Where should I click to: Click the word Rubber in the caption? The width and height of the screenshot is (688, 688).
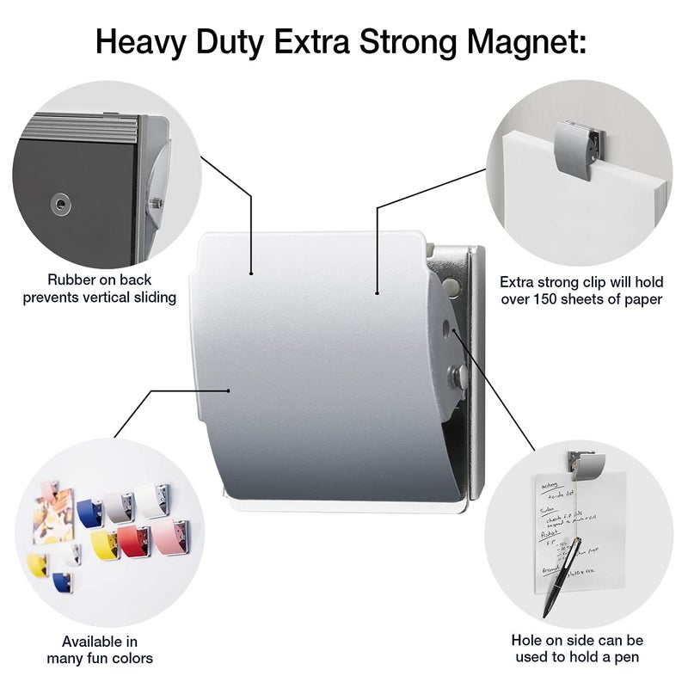click(72, 279)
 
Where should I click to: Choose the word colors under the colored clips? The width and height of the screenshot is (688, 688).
click(126, 659)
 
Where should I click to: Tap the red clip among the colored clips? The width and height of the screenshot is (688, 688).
click(134, 539)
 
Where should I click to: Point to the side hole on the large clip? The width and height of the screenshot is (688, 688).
click(445, 327)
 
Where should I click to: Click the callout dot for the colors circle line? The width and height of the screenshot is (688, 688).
click(229, 390)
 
